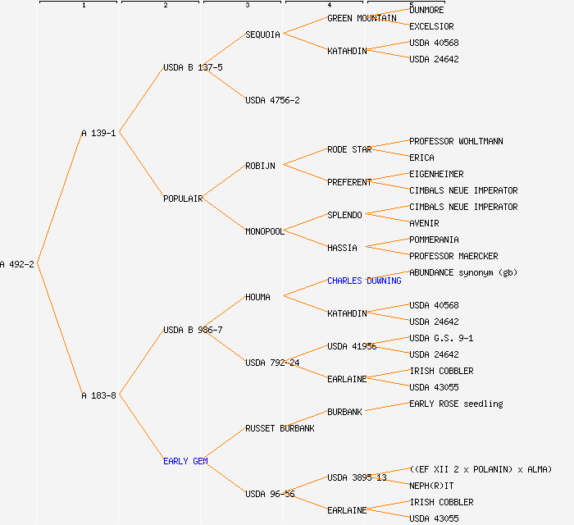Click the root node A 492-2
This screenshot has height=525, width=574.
[x=17, y=264]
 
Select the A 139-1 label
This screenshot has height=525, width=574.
[x=98, y=133]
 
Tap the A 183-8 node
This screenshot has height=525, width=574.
[x=98, y=395]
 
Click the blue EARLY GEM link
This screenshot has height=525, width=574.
[x=185, y=461]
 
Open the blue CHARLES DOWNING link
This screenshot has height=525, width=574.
[x=364, y=281]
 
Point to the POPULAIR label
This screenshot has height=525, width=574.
[x=183, y=199]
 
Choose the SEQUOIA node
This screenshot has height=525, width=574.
[x=262, y=34]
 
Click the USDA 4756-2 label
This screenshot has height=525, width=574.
[x=272, y=100]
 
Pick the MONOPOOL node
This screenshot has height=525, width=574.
[x=264, y=231]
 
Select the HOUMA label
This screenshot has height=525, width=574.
[x=257, y=297]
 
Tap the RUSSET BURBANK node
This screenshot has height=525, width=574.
[x=280, y=428]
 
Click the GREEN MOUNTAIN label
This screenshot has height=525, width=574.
[x=362, y=18]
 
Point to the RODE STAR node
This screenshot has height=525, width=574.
[x=349, y=149]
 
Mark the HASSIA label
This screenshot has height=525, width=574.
[x=342, y=248]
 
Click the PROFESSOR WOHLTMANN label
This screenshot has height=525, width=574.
[x=456, y=141]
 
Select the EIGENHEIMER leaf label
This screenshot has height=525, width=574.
[x=436, y=174]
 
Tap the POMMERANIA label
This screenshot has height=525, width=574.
[x=434, y=240]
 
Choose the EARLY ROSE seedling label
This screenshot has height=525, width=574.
[x=456, y=404]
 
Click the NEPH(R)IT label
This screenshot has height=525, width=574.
[x=431, y=486]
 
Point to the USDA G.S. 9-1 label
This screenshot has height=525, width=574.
[x=441, y=338]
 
